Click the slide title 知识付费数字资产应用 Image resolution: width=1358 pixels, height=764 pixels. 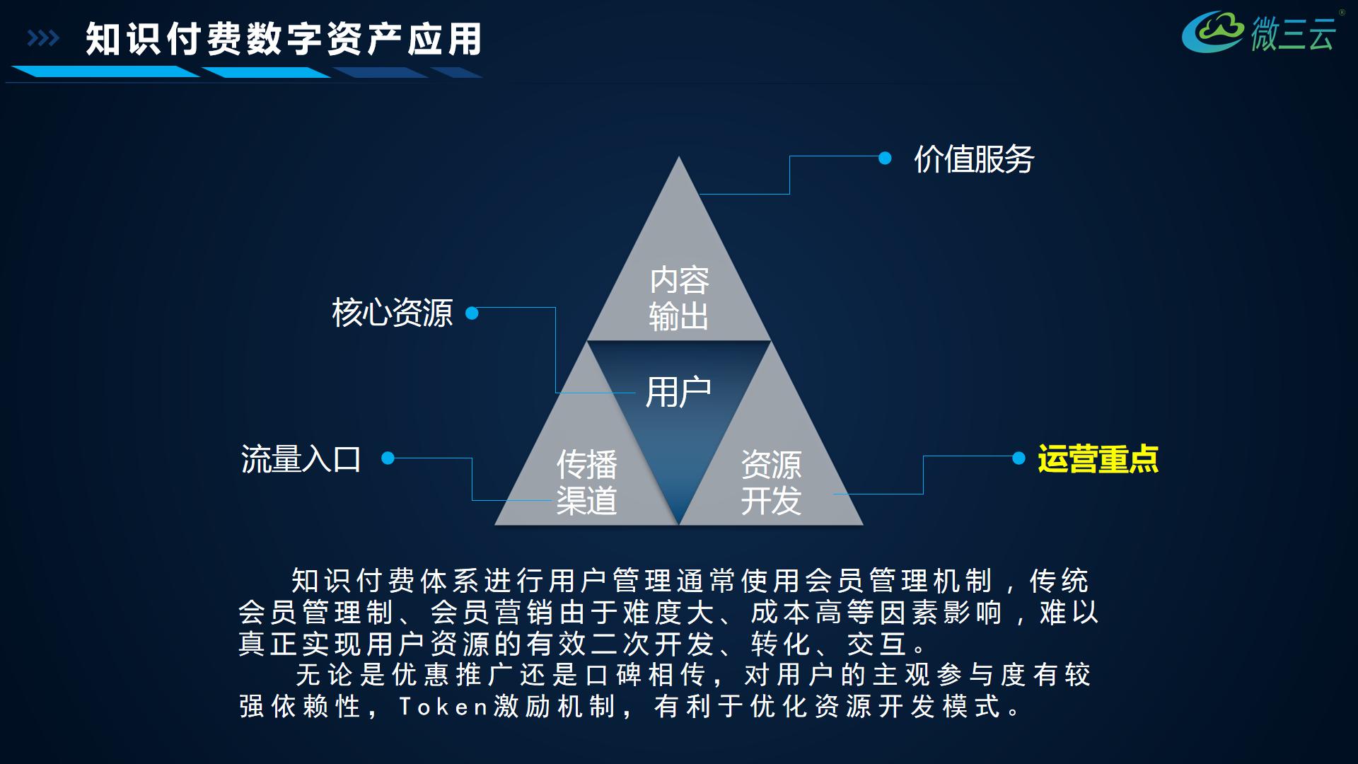click(x=284, y=39)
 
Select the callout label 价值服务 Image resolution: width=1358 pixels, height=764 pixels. click(x=974, y=159)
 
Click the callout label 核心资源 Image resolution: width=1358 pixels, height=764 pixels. click(x=393, y=313)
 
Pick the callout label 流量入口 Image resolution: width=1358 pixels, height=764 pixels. click(x=301, y=459)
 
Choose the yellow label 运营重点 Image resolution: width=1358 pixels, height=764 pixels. click(x=1098, y=459)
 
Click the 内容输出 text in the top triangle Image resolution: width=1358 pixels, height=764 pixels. click(x=679, y=298)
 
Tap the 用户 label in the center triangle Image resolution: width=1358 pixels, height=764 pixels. click(x=678, y=392)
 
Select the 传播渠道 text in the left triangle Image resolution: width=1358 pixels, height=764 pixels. click(x=586, y=482)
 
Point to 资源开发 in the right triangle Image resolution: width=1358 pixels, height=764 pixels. click(x=771, y=482)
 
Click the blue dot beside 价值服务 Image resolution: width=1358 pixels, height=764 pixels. click(x=885, y=158)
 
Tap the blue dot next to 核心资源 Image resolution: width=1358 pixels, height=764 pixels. click(x=472, y=313)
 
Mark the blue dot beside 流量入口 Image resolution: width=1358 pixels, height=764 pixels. click(x=388, y=458)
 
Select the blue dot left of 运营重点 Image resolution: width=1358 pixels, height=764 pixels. click(x=1018, y=458)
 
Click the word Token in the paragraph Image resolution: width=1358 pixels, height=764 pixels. click(x=443, y=706)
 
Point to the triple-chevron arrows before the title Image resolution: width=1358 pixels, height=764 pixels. click(x=43, y=38)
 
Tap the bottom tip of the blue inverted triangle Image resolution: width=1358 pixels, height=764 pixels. click(x=679, y=522)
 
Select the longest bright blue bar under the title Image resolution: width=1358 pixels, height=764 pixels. click(x=106, y=71)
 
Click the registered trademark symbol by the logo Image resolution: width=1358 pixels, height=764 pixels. click(x=1342, y=13)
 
